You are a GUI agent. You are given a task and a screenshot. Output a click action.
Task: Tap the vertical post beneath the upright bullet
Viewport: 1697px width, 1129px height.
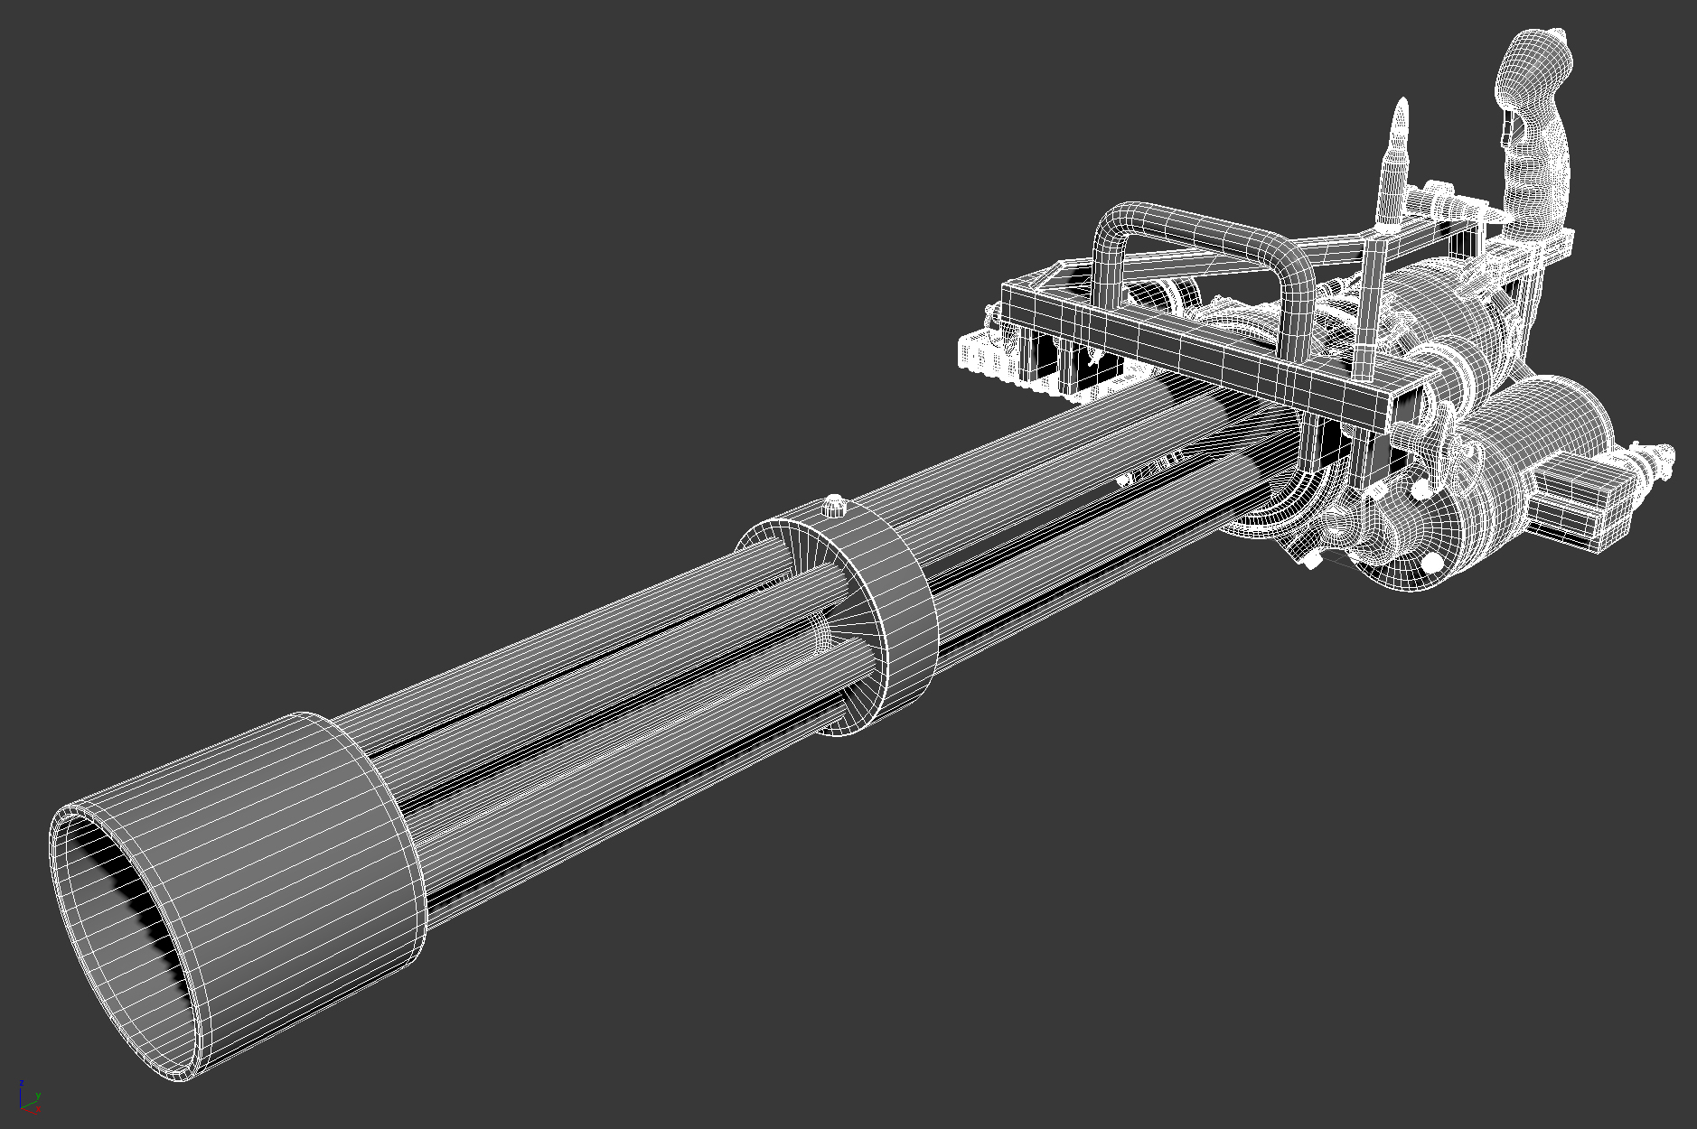click(1367, 307)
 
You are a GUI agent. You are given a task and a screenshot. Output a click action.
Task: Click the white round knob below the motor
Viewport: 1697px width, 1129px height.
click(1432, 564)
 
